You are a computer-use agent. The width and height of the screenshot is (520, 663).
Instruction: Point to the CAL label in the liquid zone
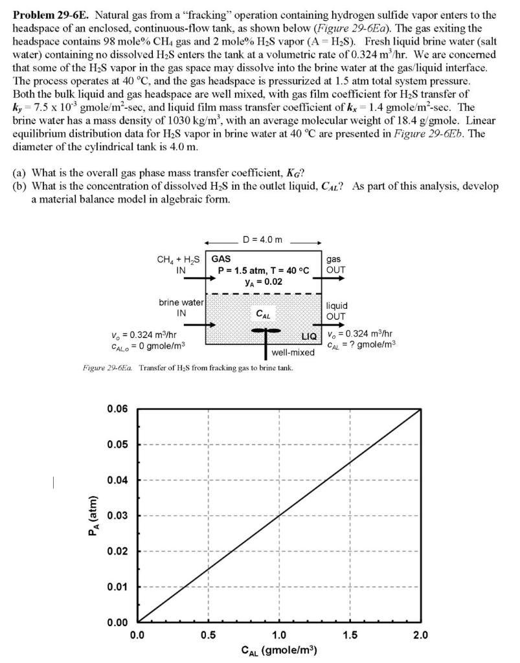coord(262,314)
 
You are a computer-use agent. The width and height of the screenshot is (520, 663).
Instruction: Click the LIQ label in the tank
coord(310,337)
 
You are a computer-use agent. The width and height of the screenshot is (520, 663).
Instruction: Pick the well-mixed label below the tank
coord(293,353)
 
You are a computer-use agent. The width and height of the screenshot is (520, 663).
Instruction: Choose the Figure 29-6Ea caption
coord(188,368)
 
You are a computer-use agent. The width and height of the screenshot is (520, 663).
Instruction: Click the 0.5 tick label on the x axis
coord(208,635)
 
